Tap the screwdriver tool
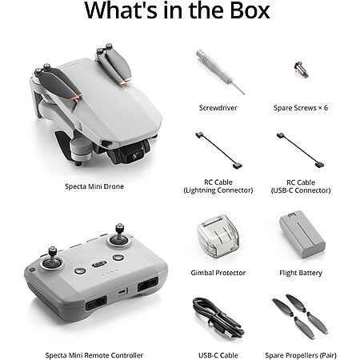[220, 71]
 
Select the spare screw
[302, 70]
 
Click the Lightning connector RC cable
[218, 150]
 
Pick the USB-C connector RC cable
[301, 150]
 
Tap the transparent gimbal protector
[218, 236]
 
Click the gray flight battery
[302, 234]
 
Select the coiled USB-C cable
[218, 318]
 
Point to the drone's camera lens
[135, 155]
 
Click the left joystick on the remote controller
[52, 259]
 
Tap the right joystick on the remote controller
[119, 235]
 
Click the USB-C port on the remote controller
[122, 292]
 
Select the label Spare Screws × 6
[301, 108]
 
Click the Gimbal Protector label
[218, 273]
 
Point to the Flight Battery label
[301, 273]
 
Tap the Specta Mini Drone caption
[94, 186]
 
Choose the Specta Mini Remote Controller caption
[94, 355]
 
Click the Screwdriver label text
[218, 108]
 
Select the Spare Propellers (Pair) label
[301, 355]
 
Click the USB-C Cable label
[218, 355]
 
